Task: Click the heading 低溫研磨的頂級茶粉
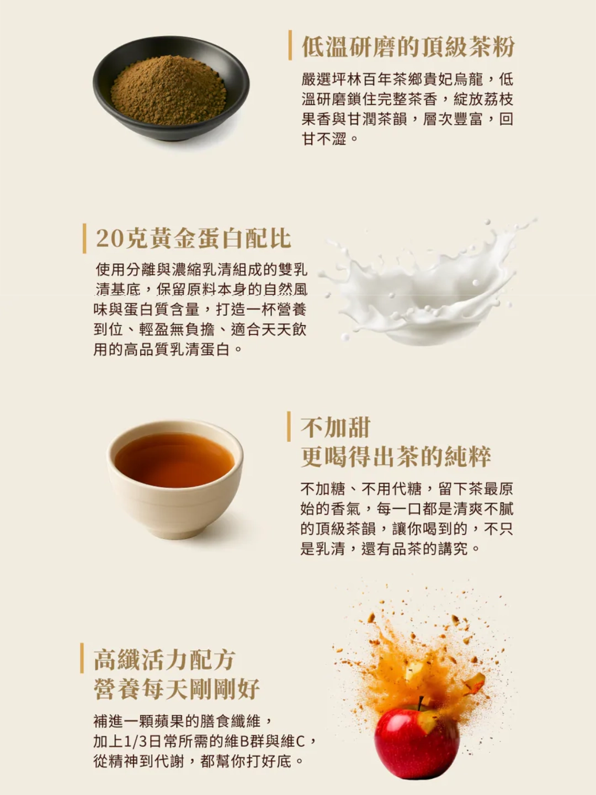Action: coord(408,47)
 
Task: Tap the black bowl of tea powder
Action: coord(171,88)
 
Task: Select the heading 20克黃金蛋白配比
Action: coord(194,239)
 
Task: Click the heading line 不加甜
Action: coord(335,427)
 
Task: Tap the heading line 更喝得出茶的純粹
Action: coord(396,457)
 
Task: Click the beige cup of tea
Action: coord(175,479)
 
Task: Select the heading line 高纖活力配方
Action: coord(164,659)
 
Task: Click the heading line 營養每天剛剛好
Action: coord(177,688)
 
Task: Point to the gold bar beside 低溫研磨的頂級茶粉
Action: coord(290,45)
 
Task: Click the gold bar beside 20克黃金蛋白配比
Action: coord(84,239)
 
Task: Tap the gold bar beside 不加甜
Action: coord(289,426)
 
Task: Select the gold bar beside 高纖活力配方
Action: coord(82,658)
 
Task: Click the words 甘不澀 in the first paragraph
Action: coord(324,139)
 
